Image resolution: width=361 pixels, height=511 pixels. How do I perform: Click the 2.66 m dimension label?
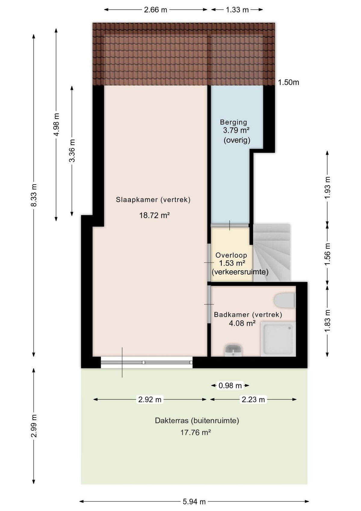[156, 10]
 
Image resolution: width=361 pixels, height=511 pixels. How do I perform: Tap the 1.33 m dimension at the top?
[237, 10]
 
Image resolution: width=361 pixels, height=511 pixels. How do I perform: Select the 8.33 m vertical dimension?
[34, 195]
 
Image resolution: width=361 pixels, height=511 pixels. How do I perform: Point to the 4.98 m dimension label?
[56, 125]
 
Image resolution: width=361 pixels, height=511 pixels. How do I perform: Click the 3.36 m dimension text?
[72, 151]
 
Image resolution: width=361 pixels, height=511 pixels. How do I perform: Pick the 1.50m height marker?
[288, 82]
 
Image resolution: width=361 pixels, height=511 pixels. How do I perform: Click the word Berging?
[233, 122]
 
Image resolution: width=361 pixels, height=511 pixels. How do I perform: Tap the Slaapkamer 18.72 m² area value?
[155, 215]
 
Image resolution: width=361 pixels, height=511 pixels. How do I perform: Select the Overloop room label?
[231, 255]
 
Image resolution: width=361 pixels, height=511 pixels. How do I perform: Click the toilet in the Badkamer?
[285, 300]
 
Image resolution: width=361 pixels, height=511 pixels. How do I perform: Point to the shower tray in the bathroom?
[278, 339]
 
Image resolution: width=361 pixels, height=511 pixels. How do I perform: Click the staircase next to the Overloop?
[272, 253]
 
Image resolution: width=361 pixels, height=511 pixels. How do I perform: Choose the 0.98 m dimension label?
[230, 385]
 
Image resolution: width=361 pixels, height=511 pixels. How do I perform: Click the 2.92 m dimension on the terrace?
[150, 400]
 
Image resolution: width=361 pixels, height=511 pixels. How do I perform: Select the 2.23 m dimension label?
[253, 400]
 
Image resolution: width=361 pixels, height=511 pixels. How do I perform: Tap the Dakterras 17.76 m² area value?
[196, 432]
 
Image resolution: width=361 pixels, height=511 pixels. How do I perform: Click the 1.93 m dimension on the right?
[328, 188]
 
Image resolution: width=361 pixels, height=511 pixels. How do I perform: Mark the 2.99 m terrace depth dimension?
[34, 426]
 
